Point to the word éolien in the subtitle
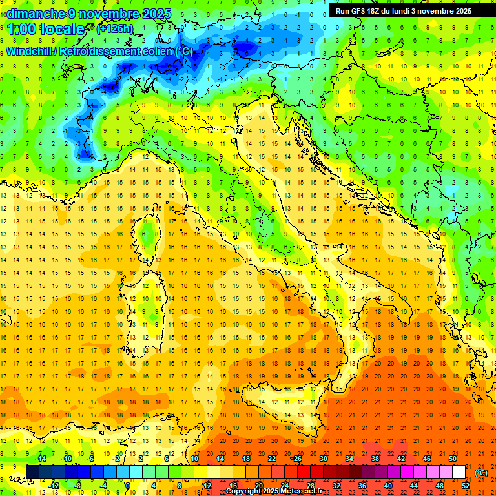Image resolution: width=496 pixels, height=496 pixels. [x=156, y=51]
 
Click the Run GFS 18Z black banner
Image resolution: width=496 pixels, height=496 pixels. [x=404, y=11]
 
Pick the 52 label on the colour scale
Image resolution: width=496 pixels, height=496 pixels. [x=465, y=486]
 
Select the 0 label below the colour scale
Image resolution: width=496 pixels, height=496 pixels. [x=128, y=486]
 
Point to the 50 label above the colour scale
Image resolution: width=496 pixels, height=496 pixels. [x=453, y=459]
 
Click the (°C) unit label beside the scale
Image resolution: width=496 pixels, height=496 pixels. [x=481, y=472]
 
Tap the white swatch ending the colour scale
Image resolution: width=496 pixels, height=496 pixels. [x=459, y=472]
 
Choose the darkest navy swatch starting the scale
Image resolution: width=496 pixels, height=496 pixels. [x=32, y=472]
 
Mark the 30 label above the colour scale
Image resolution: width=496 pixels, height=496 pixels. [x=324, y=459]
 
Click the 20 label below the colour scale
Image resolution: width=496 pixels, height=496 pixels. [x=258, y=486]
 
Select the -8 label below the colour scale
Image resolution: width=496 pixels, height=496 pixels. [x=77, y=486]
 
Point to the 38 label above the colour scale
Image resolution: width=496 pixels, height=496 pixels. [x=375, y=459]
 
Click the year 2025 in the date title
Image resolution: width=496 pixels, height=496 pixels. [x=157, y=14]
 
